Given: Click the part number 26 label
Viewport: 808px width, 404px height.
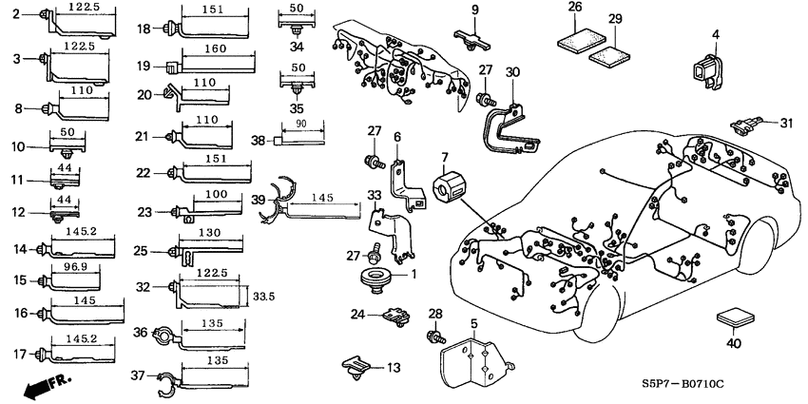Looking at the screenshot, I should point(575,8).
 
